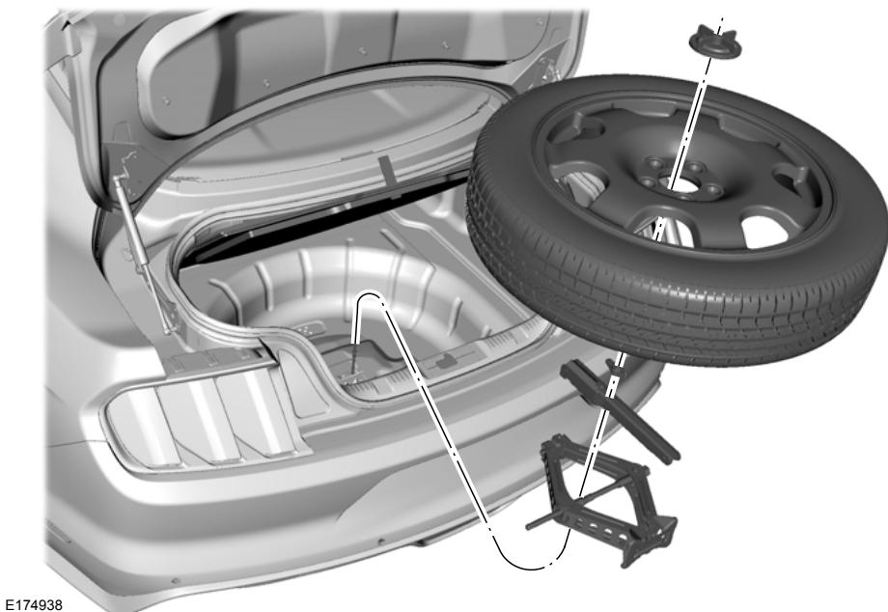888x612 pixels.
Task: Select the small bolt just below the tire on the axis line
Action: pyautogui.click(x=611, y=365)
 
